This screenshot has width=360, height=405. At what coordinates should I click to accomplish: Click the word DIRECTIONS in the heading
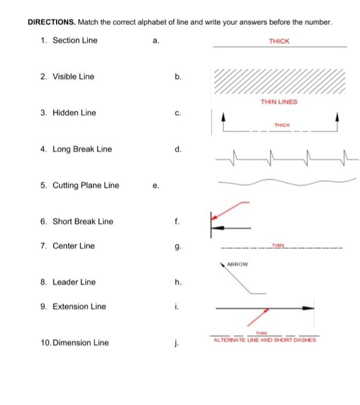(51, 23)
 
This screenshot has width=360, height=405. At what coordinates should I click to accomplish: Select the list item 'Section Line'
(75, 41)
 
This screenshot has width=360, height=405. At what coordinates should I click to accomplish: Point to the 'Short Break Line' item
(83, 222)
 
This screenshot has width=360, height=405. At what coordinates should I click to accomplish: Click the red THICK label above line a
(279, 41)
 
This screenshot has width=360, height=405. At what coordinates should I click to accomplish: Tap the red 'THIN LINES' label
(279, 102)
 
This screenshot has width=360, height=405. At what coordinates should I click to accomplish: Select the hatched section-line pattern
(279, 82)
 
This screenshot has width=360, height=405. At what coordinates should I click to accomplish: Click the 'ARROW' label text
(237, 264)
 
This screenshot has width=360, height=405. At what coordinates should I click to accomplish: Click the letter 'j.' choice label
(174, 343)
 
